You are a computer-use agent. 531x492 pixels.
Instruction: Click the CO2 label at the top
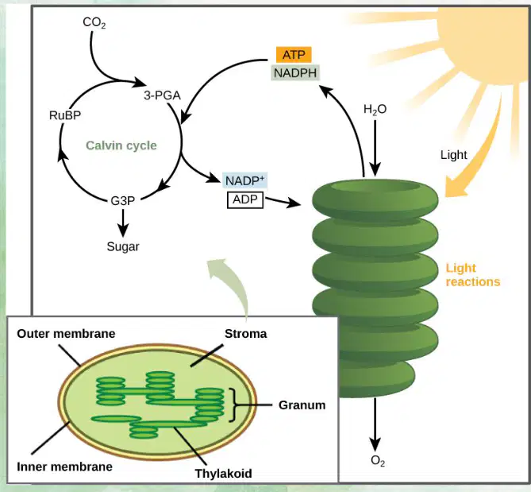tap(94, 23)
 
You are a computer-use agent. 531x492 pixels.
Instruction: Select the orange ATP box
tap(294, 55)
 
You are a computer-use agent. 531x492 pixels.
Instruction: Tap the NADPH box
tap(295, 72)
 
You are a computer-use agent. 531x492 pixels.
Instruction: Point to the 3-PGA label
tap(162, 95)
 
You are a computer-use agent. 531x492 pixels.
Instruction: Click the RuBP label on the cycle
tap(65, 115)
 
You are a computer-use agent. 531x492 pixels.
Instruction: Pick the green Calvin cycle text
tap(121, 145)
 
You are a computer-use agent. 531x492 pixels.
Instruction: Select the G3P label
tap(122, 201)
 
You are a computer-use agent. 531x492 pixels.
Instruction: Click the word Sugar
tap(123, 246)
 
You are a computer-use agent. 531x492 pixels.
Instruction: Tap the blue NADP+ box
tap(244, 180)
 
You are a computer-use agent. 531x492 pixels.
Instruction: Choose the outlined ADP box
tap(245, 200)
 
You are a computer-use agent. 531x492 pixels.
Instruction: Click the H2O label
tap(375, 110)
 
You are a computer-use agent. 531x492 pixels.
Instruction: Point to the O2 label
tap(378, 461)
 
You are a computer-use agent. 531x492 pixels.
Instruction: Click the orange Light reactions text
tap(473, 275)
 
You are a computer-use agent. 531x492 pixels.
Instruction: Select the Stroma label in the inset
tap(245, 334)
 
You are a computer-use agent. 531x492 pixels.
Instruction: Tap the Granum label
tap(302, 405)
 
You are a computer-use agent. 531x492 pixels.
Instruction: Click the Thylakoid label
tap(223, 474)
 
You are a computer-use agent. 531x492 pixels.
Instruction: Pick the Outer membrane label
tap(66, 334)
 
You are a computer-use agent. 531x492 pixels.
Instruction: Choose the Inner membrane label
tap(64, 467)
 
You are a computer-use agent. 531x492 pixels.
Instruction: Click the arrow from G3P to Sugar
tap(123, 223)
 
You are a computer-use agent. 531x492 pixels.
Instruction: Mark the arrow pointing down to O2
tap(375, 424)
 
